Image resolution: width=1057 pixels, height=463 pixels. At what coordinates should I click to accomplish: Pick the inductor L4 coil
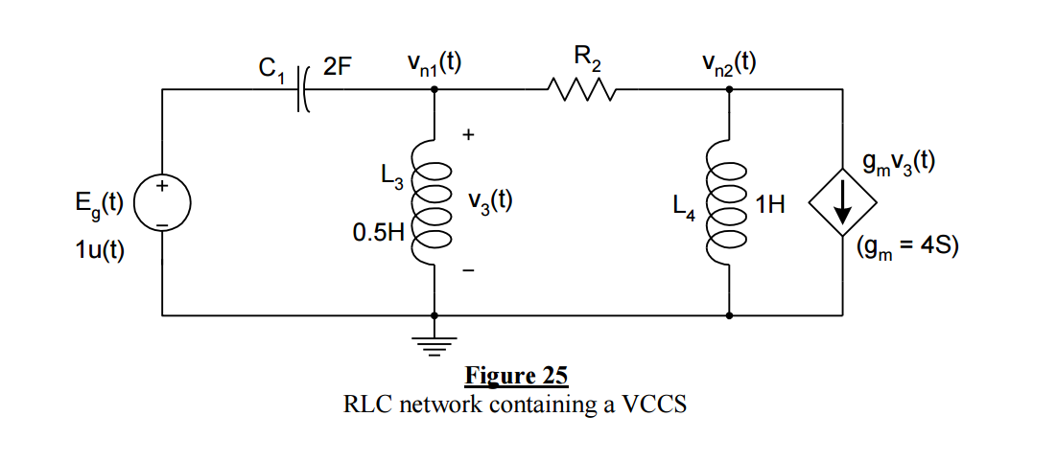(x=729, y=202)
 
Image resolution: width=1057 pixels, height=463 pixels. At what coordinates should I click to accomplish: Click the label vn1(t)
(x=434, y=64)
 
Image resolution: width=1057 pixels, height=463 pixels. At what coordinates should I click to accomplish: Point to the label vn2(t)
(x=728, y=64)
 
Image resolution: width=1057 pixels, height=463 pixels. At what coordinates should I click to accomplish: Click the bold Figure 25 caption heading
(x=516, y=375)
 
